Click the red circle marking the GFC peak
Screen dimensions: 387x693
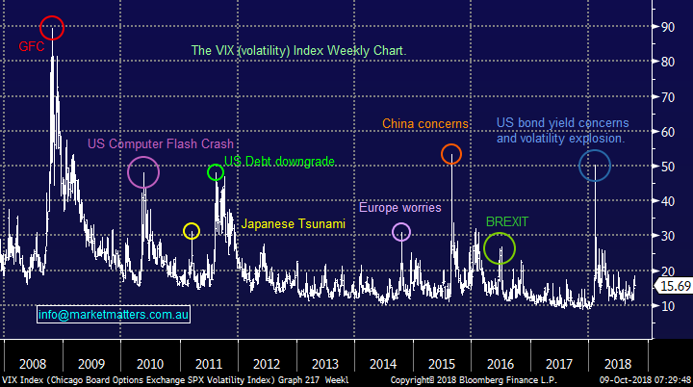[x=53, y=28]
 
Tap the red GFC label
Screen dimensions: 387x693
[x=31, y=45]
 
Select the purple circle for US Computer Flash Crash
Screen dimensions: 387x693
[x=143, y=171]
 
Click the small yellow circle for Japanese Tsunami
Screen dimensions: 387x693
[x=192, y=231]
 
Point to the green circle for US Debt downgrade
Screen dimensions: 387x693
[x=216, y=172]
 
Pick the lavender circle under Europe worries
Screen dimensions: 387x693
[x=402, y=231]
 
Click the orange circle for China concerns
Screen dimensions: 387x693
[x=450, y=154]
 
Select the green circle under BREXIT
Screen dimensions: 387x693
[x=500, y=248]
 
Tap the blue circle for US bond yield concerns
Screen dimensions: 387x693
[x=594, y=166]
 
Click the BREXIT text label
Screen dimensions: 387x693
[x=507, y=221]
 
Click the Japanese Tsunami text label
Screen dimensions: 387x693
[x=293, y=224]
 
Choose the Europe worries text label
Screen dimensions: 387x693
[x=400, y=207]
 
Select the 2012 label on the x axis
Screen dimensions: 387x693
[x=267, y=365]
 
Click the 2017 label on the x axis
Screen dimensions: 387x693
[x=559, y=365]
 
